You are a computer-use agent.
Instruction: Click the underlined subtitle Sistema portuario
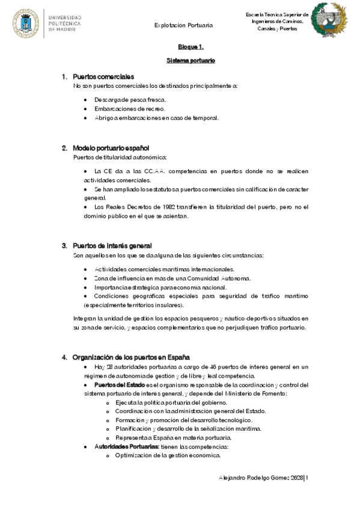coord(191,61)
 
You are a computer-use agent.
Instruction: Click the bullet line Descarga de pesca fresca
coord(130,99)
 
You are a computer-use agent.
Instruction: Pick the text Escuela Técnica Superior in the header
coord(277,14)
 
